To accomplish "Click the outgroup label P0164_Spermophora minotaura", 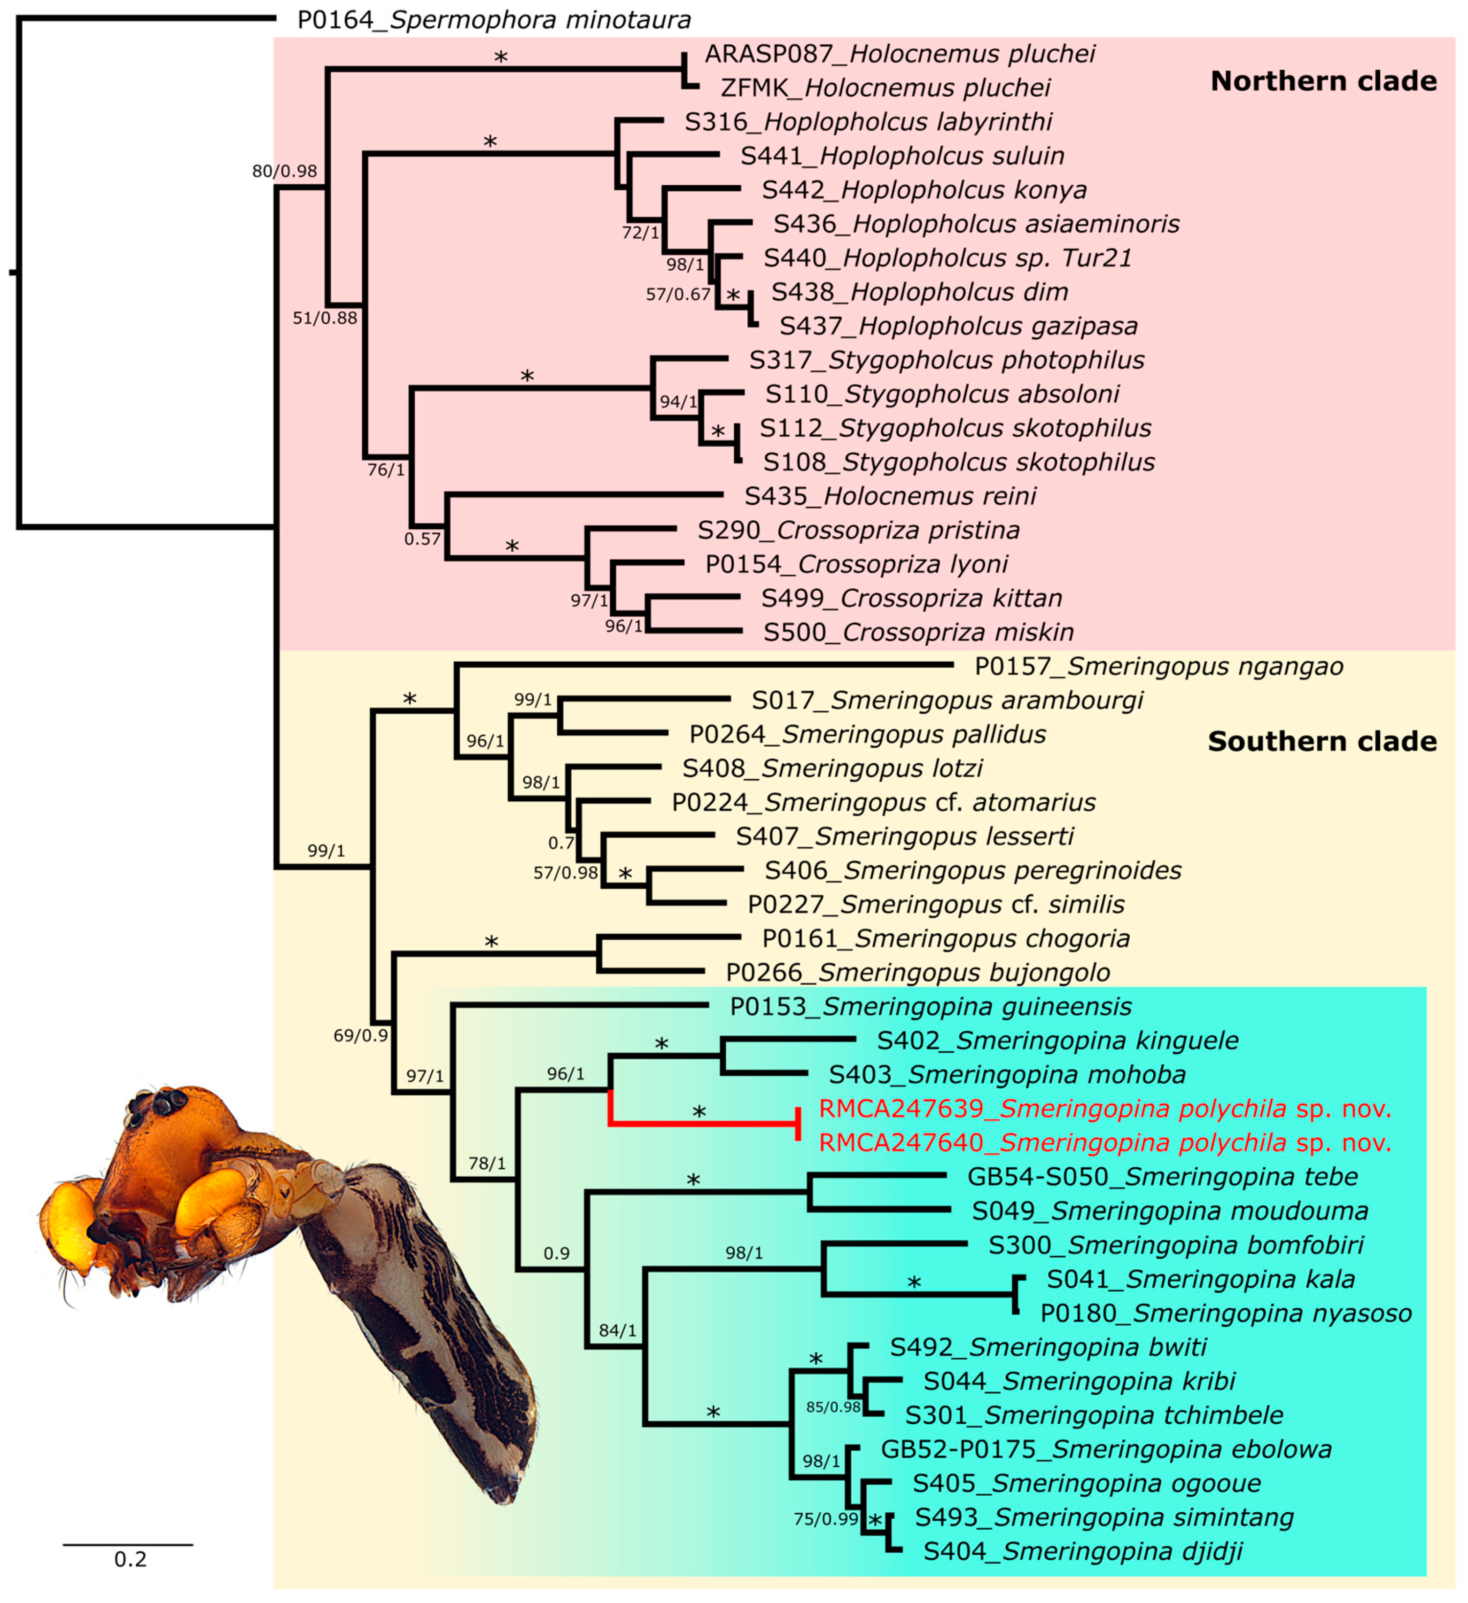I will tap(494, 19).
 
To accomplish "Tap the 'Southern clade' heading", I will tap(1322, 741).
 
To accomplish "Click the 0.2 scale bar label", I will tap(130, 1559).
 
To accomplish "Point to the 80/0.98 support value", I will tap(285, 171).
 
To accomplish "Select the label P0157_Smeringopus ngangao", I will tap(1158, 666).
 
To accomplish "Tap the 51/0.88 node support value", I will tap(325, 318).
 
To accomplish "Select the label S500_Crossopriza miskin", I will tap(918, 632).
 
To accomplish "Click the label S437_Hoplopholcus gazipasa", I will tap(958, 326).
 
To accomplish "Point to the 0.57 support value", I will tap(422, 539).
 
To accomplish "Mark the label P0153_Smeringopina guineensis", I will tap(931, 1007).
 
